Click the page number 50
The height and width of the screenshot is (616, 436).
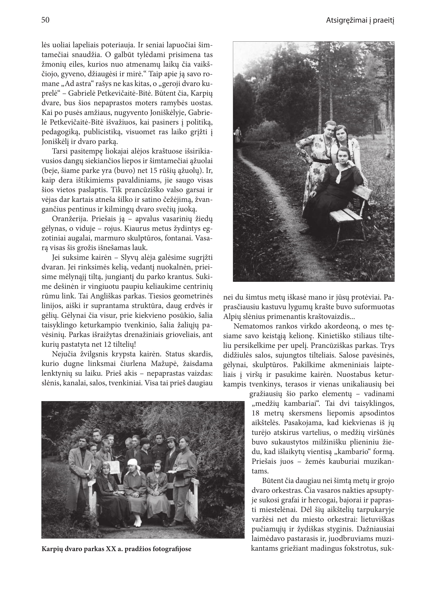click(x=45, y=20)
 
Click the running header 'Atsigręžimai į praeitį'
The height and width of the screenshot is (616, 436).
click(x=360, y=20)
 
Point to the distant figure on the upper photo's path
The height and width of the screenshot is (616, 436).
click(x=237, y=135)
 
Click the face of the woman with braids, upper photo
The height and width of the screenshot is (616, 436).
click(x=340, y=133)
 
